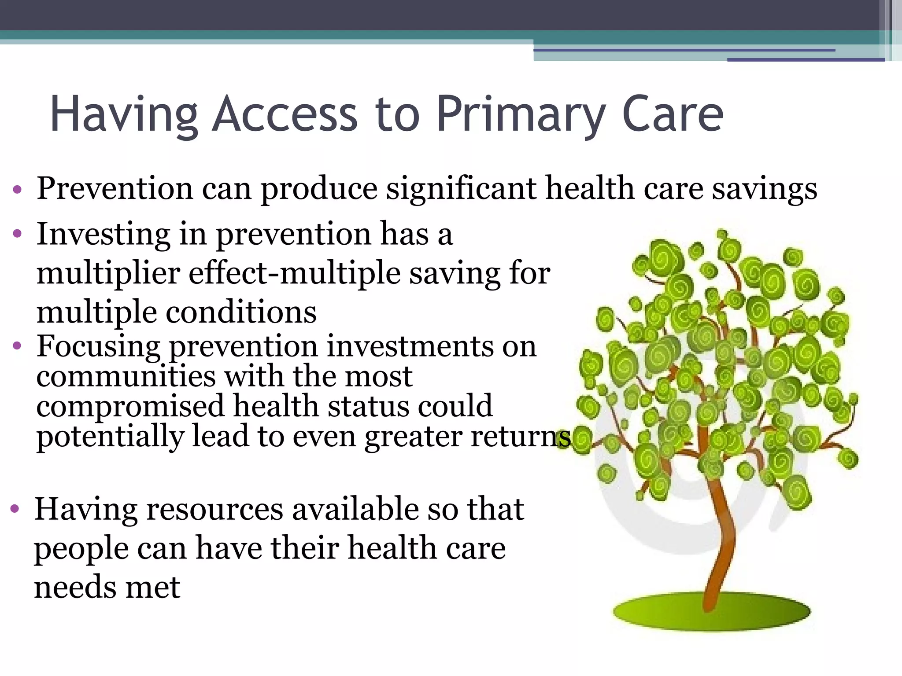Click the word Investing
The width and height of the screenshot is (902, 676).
point(103,235)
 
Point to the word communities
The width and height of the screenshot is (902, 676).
point(126,377)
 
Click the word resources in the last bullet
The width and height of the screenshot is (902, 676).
point(215,510)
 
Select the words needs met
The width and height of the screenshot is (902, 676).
point(107,587)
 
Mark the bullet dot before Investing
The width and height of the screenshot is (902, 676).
point(17,234)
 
